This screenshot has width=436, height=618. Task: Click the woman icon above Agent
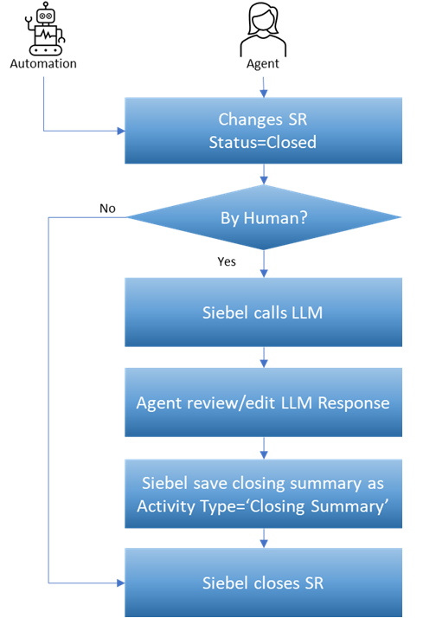(x=264, y=28)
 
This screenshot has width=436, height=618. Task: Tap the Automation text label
(x=43, y=63)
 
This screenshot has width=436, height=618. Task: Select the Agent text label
(x=264, y=63)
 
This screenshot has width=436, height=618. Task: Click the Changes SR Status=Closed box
(x=264, y=130)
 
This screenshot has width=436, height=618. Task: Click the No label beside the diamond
(x=107, y=209)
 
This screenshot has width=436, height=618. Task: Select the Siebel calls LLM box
(x=264, y=312)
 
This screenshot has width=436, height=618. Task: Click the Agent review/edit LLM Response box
(x=264, y=402)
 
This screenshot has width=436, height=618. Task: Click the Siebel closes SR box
(x=264, y=583)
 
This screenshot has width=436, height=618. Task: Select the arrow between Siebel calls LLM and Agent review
(x=264, y=357)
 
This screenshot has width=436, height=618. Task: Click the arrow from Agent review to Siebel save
(x=264, y=448)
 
